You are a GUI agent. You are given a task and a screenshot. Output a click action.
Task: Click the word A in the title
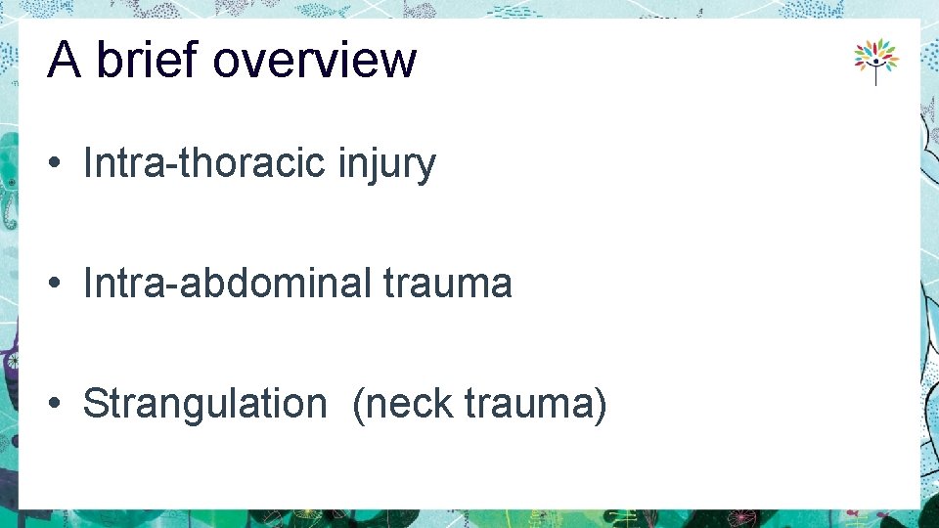pos(64,61)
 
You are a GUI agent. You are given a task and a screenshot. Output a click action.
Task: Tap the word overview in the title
pos(314,61)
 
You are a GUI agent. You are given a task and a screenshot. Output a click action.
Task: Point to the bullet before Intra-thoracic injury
pos(59,164)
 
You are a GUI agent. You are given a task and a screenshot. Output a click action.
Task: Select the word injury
pos(386,164)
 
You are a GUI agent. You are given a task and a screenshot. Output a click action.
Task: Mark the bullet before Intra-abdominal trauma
pos(59,285)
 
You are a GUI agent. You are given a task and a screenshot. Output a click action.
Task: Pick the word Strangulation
pos(204,404)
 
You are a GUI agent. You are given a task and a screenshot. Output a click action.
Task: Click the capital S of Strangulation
pos(95,404)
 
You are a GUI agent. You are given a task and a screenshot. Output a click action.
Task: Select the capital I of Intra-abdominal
pos(89,284)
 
